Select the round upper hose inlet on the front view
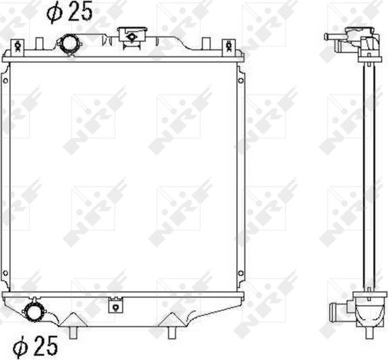pyautogui.click(x=69, y=44)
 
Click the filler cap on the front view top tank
pyautogui.click(x=131, y=35)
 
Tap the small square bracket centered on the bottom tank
pyautogui.click(x=115, y=302)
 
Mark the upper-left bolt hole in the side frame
pyautogui.click(x=5, y=81)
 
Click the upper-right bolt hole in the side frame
pyautogui.click(x=241, y=81)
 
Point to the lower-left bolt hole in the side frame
pyautogui.click(x=5, y=272)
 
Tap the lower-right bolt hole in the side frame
pyautogui.click(x=241, y=272)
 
